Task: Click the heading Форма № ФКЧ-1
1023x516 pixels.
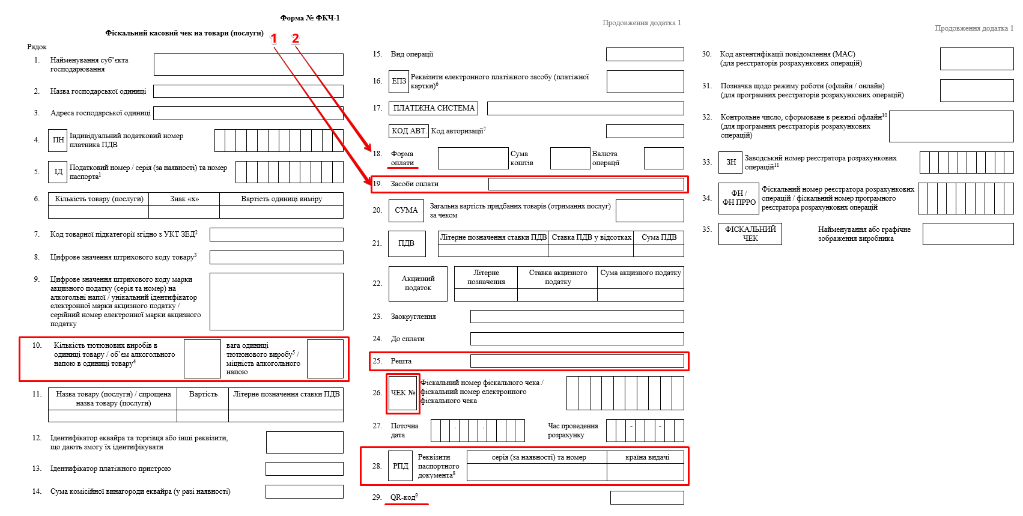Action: point(309,18)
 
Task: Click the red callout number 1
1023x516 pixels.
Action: point(274,38)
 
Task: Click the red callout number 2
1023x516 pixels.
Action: point(295,38)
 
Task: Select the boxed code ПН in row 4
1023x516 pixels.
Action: point(58,140)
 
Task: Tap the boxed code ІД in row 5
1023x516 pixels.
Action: point(58,172)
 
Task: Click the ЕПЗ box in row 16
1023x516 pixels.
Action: point(399,81)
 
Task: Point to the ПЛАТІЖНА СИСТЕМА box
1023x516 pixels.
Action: point(434,108)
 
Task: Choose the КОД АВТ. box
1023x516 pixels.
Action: point(408,130)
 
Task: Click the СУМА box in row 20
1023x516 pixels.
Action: point(406,210)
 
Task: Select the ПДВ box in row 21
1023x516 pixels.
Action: point(406,243)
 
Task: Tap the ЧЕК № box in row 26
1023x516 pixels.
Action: point(403,393)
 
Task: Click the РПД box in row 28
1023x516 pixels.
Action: point(401,466)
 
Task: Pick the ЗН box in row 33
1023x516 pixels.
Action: point(731,162)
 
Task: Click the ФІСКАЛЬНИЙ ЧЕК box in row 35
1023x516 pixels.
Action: point(750,234)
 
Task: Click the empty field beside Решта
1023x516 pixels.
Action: point(577,361)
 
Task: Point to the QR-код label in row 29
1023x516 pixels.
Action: point(404,497)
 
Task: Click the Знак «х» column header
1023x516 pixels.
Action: point(184,199)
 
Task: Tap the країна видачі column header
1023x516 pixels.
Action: point(647,457)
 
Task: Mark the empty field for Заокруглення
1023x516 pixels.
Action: point(577,317)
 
